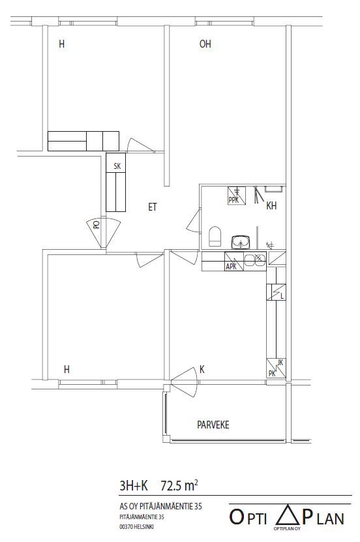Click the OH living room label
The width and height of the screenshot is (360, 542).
[x=205, y=44]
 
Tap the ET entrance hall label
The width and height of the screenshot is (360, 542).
[x=153, y=207]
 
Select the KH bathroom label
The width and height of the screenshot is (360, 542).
[x=271, y=206]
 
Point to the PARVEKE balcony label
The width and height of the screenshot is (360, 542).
[x=213, y=425]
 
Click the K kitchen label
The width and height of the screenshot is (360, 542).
[x=202, y=370]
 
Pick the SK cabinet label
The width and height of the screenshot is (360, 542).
[x=117, y=166]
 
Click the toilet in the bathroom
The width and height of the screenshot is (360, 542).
[x=215, y=237]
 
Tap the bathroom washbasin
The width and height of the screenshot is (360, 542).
[x=241, y=242]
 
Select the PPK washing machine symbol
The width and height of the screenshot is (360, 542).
[x=237, y=196]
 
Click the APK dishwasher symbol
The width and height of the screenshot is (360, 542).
[x=234, y=261]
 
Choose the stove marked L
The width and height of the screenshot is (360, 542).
[x=276, y=292]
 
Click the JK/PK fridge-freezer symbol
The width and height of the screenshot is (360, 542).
[x=276, y=369]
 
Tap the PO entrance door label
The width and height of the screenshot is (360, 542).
[x=97, y=224]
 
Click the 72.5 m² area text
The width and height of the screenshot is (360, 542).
[x=179, y=486]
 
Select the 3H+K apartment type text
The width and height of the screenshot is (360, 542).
[x=134, y=486]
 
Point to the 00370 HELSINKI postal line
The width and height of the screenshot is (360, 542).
[x=136, y=527]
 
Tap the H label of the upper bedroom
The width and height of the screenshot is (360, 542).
[x=61, y=44]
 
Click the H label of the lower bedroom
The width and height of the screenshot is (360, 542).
[x=67, y=370]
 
